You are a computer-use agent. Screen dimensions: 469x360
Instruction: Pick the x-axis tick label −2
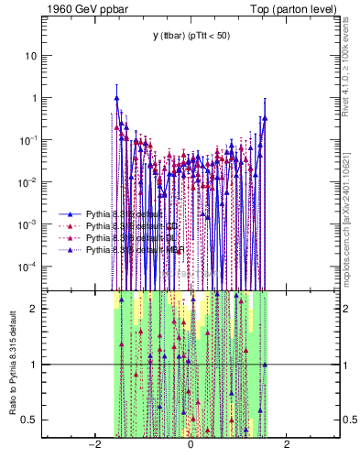click(x=93, y=444)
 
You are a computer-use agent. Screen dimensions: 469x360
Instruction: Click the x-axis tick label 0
click(x=191, y=444)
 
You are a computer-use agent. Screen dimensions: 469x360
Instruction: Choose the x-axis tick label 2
click(x=287, y=444)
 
